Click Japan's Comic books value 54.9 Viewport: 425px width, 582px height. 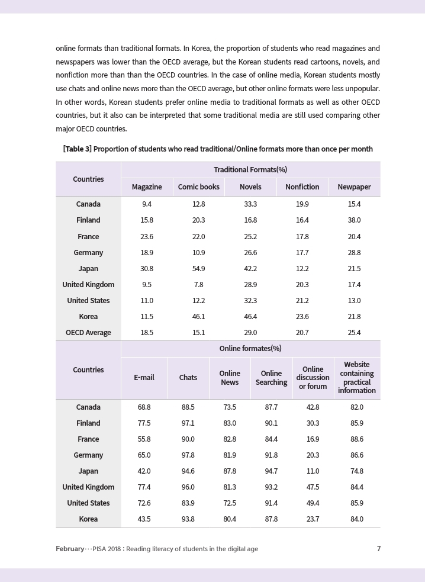pyautogui.click(x=199, y=268)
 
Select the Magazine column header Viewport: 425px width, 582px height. pyautogui.click(x=147, y=187)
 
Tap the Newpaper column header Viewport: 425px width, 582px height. pyautogui.click(x=354, y=187)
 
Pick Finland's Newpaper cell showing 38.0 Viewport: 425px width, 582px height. pyautogui.click(x=354, y=220)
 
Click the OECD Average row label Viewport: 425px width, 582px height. pyautogui.click(x=88, y=333)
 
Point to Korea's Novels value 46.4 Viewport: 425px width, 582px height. pyautogui.click(x=250, y=317)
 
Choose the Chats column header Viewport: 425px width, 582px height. pyautogui.click(x=188, y=378)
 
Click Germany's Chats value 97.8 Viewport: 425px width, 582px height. pyautogui.click(x=188, y=455)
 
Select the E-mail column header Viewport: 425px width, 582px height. pyautogui.click(x=144, y=378)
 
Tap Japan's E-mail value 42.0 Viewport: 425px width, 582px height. pyautogui.click(x=144, y=471)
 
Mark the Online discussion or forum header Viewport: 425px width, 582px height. pyautogui.click(x=313, y=378)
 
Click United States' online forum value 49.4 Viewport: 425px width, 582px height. pyautogui.click(x=313, y=503)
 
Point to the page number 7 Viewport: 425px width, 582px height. pyautogui.click(x=379, y=549)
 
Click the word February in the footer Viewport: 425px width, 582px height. pyautogui.click(x=70, y=549)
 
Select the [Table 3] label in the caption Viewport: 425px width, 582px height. pyautogui.click(x=77, y=149)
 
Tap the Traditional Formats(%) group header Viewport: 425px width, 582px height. pyautogui.click(x=250, y=170)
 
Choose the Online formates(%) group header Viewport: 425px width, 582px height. pyautogui.click(x=250, y=349)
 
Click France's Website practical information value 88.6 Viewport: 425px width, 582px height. pyautogui.click(x=356, y=439)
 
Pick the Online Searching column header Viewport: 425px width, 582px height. pyautogui.click(x=271, y=378)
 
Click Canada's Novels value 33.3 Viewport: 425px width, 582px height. pyautogui.click(x=250, y=204)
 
